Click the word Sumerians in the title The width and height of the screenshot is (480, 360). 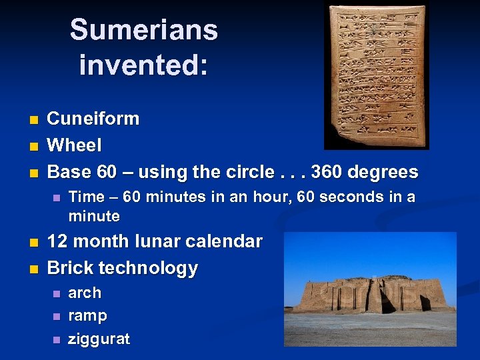pyautogui.click(x=143, y=31)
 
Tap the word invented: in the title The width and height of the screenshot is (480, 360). pyautogui.click(x=143, y=65)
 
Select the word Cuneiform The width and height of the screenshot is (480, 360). pyautogui.click(x=93, y=119)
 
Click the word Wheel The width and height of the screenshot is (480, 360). pyautogui.click(x=75, y=145)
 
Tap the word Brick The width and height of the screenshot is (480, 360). pyautogui.click(x=70, y=268)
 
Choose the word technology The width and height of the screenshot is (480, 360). pyautogui.click(x=148, y=268)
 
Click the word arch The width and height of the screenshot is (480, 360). pyautogui.click(x=85, y=293)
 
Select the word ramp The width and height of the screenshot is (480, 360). pyautogui.click(x=87, y=315)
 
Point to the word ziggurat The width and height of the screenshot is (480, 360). pyautogui.click(x=99, y=339)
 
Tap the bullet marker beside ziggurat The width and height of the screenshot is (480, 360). pyautogui.click(x=56, y=340)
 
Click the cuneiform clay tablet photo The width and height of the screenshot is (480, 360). pyautogui.click(x=376, y=75)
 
